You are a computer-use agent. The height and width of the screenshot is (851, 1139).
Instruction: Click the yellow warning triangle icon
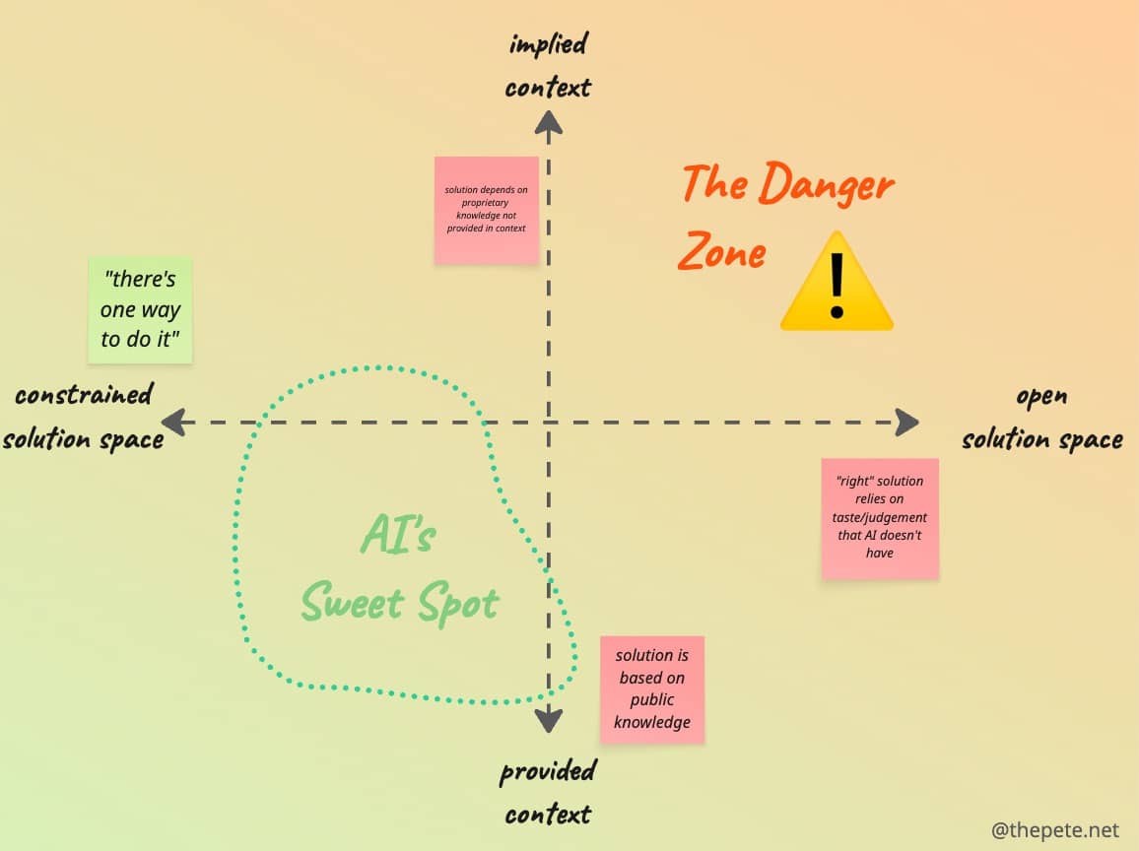pyautogui.click(x=837, y=283)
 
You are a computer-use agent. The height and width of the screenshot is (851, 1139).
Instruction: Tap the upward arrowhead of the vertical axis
pyautogui.click(x=549, y=122)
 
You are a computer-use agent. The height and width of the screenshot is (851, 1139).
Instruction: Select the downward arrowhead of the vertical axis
pyautogui.click(x=549, y=720)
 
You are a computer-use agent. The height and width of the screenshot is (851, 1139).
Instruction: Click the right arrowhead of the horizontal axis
pyautogui.click(x=906, y=422)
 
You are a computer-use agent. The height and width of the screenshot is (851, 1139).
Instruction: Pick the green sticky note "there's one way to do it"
pyautogui.click(x=140, y=309)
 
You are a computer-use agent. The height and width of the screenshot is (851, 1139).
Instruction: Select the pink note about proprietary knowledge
pyautogui.click(x=487, y=210)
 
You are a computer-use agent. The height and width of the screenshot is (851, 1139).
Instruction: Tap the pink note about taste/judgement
pyautogui.click(x=880, y=518)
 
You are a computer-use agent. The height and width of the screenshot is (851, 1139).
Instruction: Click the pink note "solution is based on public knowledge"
pyautogui.click(x=652, y=689)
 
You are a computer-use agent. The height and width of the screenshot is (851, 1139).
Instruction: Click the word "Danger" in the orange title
pyautogui.click(x=826, y=184)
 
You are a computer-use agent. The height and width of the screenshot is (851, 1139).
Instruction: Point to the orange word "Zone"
pyautogui.click(x=722, y=250)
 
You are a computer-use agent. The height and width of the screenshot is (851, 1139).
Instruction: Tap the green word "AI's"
pyautogui.click(x=398, y=534)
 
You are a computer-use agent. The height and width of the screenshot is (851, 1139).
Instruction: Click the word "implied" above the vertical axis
pyautogui.click(x=549, y=44)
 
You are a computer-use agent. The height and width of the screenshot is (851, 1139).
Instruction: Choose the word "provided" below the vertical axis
pyautogui.click(x=549, y=771)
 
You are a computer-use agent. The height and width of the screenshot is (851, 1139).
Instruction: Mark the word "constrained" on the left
pyautogui.click(x=85, y=394)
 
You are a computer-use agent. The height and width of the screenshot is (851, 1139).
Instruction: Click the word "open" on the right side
pyautogui.click(x=1042, y=397)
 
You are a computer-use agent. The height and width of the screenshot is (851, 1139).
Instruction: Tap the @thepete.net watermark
pyautogui.click(x=1054, y=830)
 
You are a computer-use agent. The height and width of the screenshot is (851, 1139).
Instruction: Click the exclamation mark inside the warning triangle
pyautogui.click(x=837, y=286)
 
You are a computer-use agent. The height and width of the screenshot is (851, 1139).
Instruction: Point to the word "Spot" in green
pyautogui.click(x=458, y=603)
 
